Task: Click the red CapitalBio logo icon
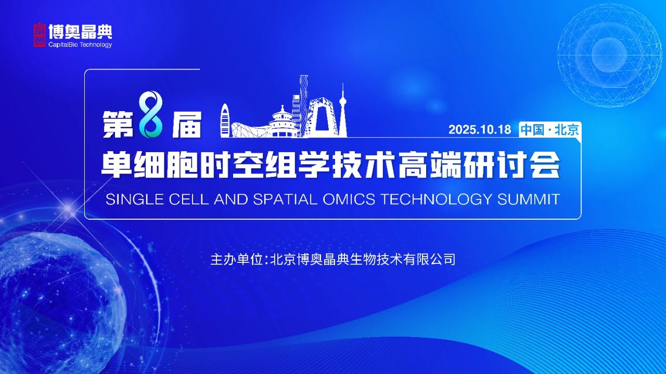tap(40, 35)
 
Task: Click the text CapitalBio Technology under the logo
tap(80, 45)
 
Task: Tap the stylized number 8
tap(151, 114)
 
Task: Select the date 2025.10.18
tap(480, 130)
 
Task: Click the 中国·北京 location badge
tap(550, 130)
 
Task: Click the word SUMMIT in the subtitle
tap(529, 199)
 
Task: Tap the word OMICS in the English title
tap(349, 199)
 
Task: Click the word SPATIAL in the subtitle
tap(285, 199)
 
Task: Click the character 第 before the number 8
tap(118, 124)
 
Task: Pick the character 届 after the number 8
tap(187, 124)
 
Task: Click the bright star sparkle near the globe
tap(69, 209)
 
